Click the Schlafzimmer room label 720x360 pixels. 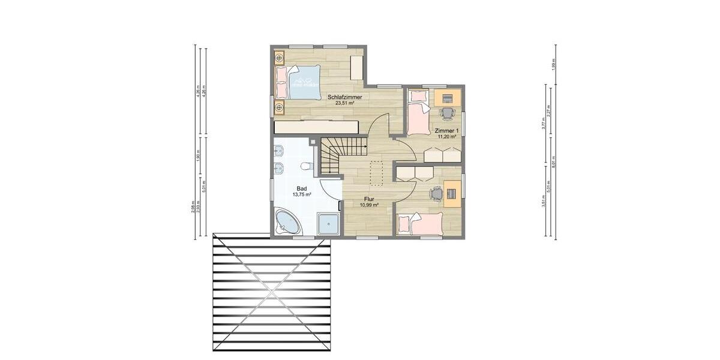[344, 97]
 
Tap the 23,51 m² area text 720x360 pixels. [344, 103]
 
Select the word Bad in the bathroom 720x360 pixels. [301, 188]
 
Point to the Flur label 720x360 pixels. [368, 199]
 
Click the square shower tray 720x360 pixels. [328, 224]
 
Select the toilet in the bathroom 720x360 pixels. [304, 166]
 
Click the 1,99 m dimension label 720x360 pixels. [553, 63]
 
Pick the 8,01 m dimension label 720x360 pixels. [562, 162]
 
